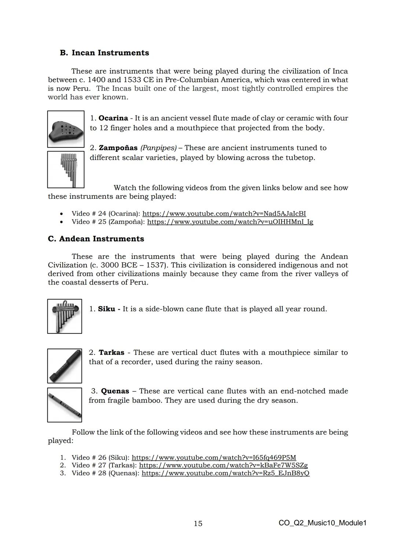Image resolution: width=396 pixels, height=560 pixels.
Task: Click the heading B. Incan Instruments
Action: click(x=104, y=53)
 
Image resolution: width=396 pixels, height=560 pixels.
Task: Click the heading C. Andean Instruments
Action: click(x=96, y=239)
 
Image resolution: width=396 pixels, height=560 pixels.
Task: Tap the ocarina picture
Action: click(x=66, y=129)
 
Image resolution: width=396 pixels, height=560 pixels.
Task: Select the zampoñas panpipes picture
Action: click(x=66, y=169)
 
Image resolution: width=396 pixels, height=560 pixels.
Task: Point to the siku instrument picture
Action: click(x=65, y=316)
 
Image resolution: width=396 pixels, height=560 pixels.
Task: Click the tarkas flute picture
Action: click(x=65, y=366)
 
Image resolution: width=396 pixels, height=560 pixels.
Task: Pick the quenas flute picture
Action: click(x=65, y=405)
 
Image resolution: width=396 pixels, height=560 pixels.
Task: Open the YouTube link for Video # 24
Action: click(x=224, y=213)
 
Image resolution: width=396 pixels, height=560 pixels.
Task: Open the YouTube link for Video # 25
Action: click(x=230, y=222)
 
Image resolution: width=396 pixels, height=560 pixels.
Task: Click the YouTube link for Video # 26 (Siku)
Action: click(x=214, y=457)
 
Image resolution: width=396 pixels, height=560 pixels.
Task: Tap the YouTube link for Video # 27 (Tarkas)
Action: click(x=223, y=465)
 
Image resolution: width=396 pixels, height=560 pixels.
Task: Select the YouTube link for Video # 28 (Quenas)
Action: click(x=225, y=473)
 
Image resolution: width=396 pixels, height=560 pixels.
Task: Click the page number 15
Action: click(x=198, y=523)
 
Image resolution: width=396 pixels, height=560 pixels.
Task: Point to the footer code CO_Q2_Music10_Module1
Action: click(x=322, y=523)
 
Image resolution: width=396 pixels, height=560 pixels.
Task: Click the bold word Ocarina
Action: click(x=113, y=118)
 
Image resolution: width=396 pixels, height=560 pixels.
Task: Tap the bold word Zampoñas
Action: click(x=118, y=148)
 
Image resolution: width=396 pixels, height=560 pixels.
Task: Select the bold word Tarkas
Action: click(x=111, y=352)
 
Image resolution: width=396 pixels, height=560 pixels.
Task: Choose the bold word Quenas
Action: click(x=115, y=391)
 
